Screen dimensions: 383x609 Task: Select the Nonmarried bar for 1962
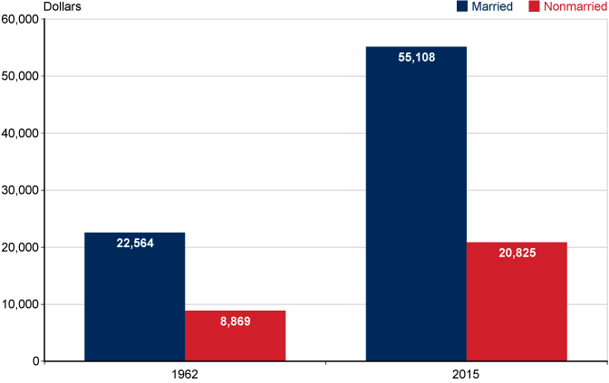click(235, 336)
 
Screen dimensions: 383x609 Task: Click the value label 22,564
click(134, 243)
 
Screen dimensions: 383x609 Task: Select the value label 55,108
click(416, 57)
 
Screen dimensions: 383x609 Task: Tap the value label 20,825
click(517, 253)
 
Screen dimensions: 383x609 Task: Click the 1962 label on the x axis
click(185, 373)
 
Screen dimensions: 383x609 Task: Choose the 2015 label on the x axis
click(466, 373)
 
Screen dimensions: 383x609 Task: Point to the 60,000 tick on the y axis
click(20, 19)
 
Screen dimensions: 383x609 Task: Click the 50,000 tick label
click(20, 76)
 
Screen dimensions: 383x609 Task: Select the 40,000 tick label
click(20, 133)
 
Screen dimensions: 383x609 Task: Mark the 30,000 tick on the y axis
click(20, 190)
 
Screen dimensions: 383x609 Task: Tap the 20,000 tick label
click(20, 247)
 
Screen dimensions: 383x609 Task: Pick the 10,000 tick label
click(20, 304)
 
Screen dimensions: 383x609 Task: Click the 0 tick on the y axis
click(35, 361)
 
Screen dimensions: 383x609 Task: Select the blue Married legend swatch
click(462, 6)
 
